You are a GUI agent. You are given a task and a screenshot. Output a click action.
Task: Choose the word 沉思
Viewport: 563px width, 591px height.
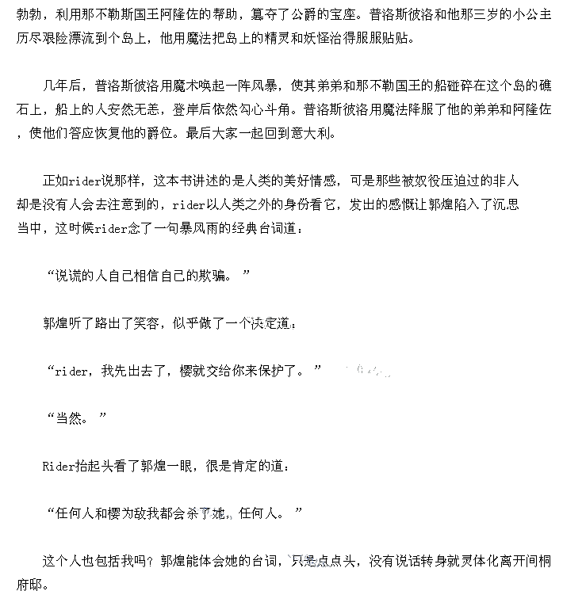click(505, 204)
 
